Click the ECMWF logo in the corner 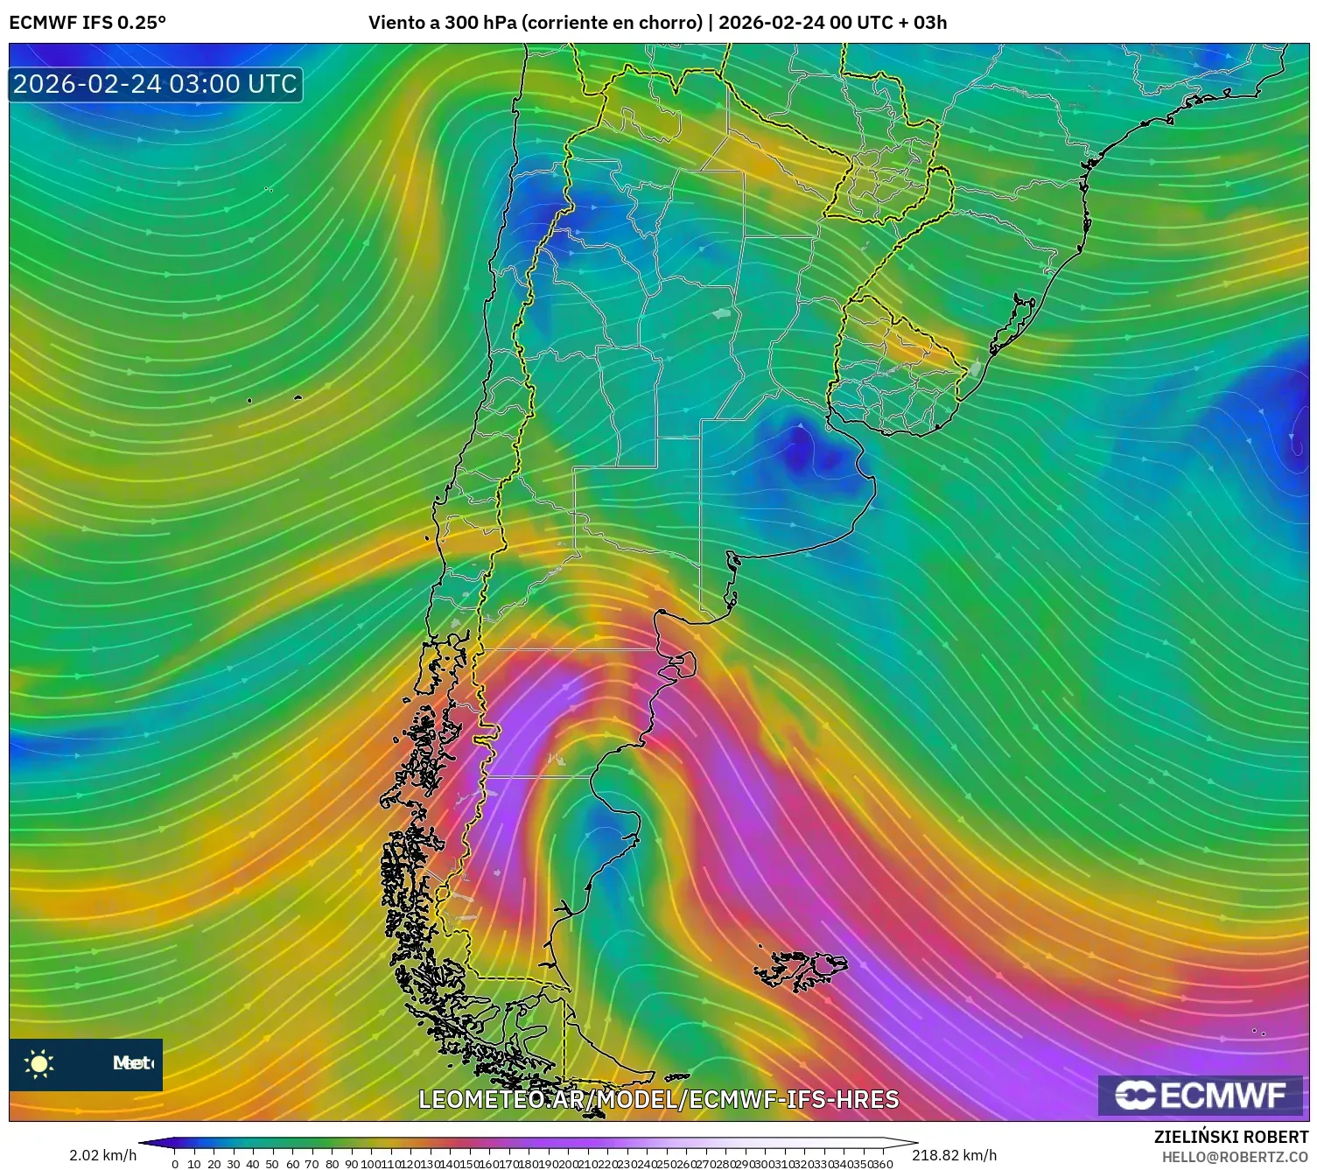pyautogui.click(x=1202, y=1095)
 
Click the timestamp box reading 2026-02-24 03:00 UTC pyautogui.click(x=155, y=84)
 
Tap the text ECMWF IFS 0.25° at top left pyautogui.click(x=88, y=23)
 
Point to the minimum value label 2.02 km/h pyautogui.click(x=102, y=1155)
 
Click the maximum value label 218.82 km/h pyautogui.click(x=954, y=1155)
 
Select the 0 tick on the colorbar pyautogui.click(x=175, y=1164)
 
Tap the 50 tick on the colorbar pyautogui.click(x=272, y=1164)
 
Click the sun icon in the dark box pyautogui.click(x=39, y=1064)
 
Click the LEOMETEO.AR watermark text pyautogui.click(x=658, y=1099)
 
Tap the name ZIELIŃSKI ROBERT pyautogui.click(x=1230, y=1137)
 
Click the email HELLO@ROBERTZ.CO pyautogui.click(x=1234, y=1157)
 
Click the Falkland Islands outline pyautogui.click(x=801, y=969)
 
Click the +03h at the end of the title pyautogui.click(x=929, y=23)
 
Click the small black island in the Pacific pyautogui.click(x=298, y=397)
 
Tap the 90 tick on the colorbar pyautogui.click(x=351, y=1164)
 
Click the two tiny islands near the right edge pyautogui.click(x=1258, y=1032)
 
